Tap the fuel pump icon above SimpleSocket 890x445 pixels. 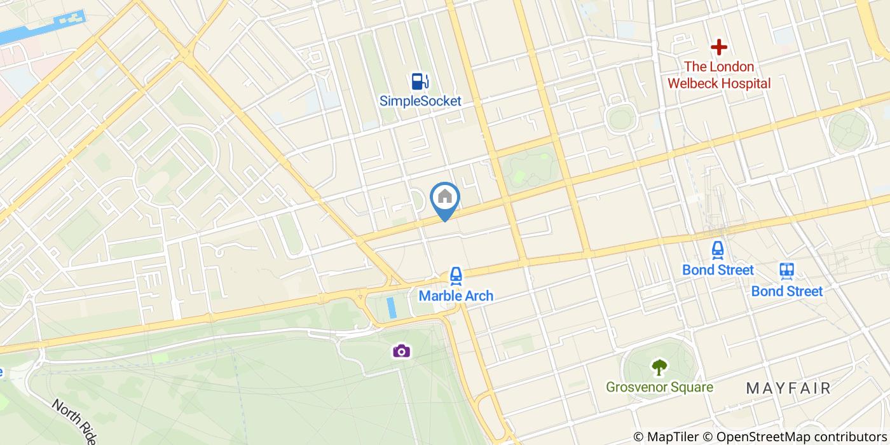pos(420,81)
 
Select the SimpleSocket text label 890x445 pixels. pos(420,100)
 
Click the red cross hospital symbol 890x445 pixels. pos(719,47)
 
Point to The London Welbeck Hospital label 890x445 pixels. pos(719,75)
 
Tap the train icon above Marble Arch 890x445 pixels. pos(455,276)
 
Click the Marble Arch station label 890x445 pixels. pos(455,296)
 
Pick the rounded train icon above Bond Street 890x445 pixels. pos(718,250)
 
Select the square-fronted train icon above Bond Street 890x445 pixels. pos(787,271)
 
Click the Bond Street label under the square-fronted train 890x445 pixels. pos(787,291)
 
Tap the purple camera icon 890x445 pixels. pos(400,350)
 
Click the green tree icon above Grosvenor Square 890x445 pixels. pos(659,367)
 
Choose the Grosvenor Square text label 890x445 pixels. pos(659,387)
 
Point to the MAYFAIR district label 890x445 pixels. pos(788,388)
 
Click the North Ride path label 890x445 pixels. pos(74,421)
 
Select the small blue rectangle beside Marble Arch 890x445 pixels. pos(391,308)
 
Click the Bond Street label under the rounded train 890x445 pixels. pos(718,270)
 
